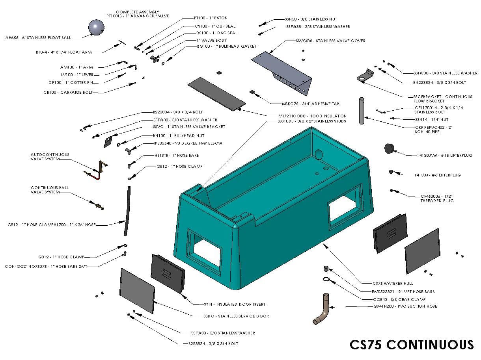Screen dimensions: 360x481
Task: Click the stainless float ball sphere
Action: click(x=96, y=27)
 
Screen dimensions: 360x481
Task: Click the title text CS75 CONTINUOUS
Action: click(x=412, y=344)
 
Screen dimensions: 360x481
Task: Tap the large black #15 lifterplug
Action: click(x=389, y=148)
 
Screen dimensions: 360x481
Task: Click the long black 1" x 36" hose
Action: click(x=127, y=211)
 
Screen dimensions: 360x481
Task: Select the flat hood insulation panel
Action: click(x=217, y=93)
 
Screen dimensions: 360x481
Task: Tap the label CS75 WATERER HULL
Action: click(x=393, y=283)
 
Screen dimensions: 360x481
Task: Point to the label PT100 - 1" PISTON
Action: click(x=211, y=18)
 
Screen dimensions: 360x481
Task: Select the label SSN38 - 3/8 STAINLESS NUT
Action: click(x=311, y=19)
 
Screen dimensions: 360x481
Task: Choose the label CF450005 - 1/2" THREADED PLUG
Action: click(x=437, y=198)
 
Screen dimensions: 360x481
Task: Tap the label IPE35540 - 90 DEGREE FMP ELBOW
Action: click(x=188, y=143)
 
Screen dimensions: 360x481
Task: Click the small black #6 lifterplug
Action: click(x=391, y=172)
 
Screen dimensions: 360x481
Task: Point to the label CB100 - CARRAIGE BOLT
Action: click(x=74, y=93)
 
